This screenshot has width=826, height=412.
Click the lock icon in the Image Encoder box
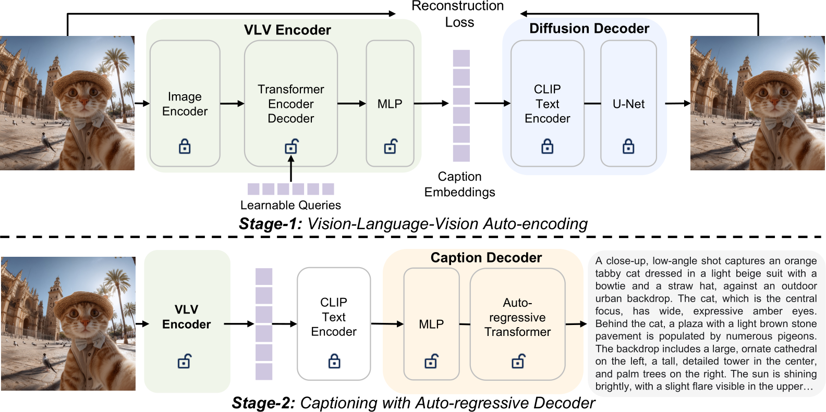pos(185,146)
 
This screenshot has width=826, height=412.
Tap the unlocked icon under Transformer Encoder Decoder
pos(291,147)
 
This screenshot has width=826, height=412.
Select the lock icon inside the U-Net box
pos(628,146)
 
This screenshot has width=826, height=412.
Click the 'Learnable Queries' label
pos(290,205)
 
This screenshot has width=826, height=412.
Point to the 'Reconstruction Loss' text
pos(458,14)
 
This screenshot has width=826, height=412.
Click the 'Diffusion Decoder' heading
pos(589,29)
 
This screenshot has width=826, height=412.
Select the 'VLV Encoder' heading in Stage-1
pos(287,30)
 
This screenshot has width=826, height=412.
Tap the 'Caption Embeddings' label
pos(459,184)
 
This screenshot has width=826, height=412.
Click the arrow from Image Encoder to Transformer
pos(232,104)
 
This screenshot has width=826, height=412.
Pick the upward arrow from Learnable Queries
pos(291,169)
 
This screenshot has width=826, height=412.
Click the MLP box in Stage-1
pos(390,104)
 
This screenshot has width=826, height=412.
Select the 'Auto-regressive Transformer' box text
pos(517,317)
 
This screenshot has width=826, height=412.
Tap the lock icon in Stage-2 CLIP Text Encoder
pos(334,361)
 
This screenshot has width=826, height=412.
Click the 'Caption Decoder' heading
pos(486,258)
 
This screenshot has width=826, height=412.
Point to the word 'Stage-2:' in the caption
pos(263,403)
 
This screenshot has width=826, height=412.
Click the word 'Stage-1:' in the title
pos(270,224)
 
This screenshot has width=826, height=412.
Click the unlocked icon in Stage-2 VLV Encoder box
pos(185,361)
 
